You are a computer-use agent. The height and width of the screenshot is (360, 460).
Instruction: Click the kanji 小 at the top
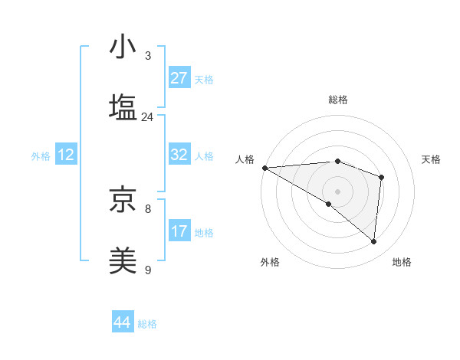coord(123,47)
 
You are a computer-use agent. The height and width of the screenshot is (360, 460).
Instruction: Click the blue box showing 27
coord(179,78)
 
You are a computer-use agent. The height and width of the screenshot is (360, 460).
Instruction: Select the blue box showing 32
coord(179,155)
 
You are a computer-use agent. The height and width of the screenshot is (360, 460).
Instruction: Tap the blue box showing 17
coord(179,231)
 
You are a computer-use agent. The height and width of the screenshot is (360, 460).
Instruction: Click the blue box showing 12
coord(66,155)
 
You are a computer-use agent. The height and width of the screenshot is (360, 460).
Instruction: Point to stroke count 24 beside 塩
coord(148,117)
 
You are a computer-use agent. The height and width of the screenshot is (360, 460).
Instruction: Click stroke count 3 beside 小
coord(148,56)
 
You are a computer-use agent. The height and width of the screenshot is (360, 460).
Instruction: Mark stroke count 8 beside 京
coord(148,208)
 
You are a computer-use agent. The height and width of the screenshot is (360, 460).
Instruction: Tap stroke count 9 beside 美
coord(148,270)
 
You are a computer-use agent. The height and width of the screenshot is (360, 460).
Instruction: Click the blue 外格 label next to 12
coord(41,156)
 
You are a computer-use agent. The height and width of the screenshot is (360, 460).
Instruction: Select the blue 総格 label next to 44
coord(147,324)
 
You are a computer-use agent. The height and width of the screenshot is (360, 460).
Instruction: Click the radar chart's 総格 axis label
coord(338,100)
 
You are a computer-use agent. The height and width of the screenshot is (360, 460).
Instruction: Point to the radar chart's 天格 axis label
coord(432,159)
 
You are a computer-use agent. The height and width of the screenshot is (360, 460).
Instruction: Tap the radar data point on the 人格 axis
coord(264,167)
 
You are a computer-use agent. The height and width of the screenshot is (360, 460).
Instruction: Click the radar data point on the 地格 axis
coord(374,242)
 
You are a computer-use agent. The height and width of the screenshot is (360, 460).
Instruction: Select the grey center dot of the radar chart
coord(337,191)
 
